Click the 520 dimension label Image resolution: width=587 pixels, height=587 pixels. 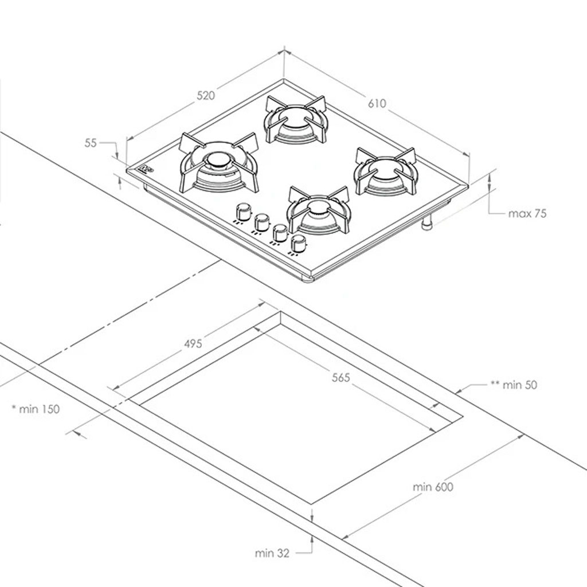pyautogui.click(x=206, y=96)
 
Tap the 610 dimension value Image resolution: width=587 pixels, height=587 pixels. pyautogui.click(x=377, y=103)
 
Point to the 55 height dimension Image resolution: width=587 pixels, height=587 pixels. pyautogui.click(x=91, y=143)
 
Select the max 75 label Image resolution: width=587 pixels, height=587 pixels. pyautogui.click(x=527, y=213)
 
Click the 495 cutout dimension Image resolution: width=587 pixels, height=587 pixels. pyautogui.click(x=193, y=343)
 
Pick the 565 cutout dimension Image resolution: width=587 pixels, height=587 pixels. pyautogui.click(x=341, y=378)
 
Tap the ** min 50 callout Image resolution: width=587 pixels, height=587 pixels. pyautogui.click(x=514, y=385)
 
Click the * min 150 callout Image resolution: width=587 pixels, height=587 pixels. pyautogui.click(x=36, y=409)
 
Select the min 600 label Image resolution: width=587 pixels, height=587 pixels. pyautogui.click(x=433, y=487)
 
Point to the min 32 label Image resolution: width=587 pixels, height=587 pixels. pyautogui.click(x=272, y=553)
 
